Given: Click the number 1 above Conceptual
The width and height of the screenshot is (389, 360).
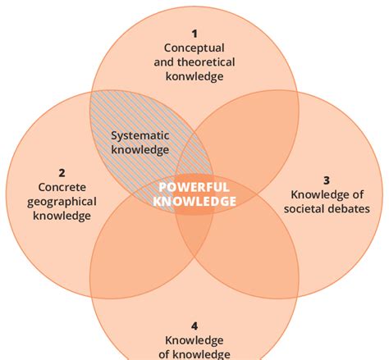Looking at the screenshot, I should point(194,34).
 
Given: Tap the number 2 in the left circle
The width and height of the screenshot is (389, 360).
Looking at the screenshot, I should point(62,173).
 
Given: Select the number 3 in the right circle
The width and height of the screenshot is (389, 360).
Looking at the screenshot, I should point(326,180).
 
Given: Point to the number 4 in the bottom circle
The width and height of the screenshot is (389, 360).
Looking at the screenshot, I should point(194,326).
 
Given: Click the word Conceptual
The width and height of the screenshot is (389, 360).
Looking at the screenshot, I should point(194,48).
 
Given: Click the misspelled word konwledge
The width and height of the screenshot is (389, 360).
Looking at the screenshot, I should point(194,76).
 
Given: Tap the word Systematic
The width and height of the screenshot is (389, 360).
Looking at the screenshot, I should point(140,136).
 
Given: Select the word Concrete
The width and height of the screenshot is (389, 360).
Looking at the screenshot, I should point(62,187).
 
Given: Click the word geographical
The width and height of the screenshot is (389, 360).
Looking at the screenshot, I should point(62,201).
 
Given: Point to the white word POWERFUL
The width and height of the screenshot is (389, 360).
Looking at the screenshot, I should point(194,187).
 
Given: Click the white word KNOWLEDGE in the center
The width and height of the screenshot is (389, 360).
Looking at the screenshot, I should point(194,201).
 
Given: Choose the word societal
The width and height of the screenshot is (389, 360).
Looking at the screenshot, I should point(308,208).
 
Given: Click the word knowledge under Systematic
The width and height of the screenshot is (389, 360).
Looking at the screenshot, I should point(140,150).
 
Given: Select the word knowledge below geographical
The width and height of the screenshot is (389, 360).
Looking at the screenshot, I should point(62,216).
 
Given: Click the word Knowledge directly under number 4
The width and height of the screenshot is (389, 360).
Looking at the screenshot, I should point(194,339).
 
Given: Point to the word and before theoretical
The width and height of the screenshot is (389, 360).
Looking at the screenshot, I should point(165,62).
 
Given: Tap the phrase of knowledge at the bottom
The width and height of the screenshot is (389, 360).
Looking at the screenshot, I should point(194,353).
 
